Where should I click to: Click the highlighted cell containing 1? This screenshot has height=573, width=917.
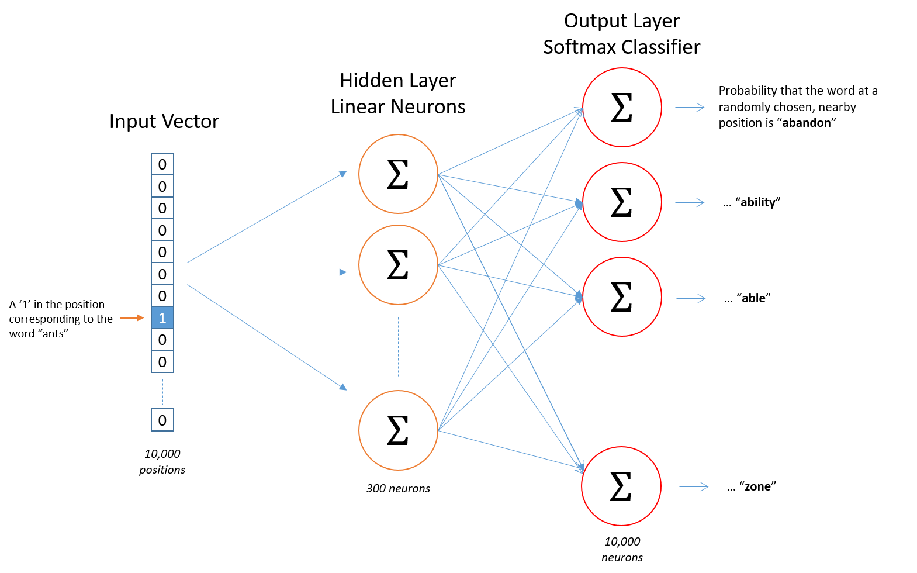pos(162,317)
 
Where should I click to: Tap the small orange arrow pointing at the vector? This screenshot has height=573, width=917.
pos(132,317)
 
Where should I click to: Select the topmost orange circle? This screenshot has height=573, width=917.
pos(398,174)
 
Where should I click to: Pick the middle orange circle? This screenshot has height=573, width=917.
pos(398,265)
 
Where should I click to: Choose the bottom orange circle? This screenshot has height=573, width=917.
pos(398,430)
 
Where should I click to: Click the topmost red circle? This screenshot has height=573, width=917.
pos(622,107)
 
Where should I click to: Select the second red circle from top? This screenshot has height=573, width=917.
pos(622,202)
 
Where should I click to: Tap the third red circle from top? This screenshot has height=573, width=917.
pos(622,296)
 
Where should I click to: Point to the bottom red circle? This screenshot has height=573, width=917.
pos(621,486)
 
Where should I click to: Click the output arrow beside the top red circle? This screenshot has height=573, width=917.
pos(690,107)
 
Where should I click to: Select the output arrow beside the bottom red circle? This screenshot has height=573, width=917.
pos(694,486)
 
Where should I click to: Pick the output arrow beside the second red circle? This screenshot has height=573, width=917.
pos(690,202)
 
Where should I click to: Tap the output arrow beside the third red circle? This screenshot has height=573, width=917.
pos(691,298)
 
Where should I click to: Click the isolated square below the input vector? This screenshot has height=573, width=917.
pos(162,420)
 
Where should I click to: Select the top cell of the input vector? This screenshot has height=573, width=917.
pos(162,164)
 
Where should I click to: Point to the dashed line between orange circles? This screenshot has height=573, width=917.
pos(398,347)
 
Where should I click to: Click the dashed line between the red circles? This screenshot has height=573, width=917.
pos(621,391)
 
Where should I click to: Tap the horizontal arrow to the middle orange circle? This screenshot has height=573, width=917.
pos(267,272)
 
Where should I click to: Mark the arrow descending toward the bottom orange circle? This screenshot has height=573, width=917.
pos(267,337)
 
